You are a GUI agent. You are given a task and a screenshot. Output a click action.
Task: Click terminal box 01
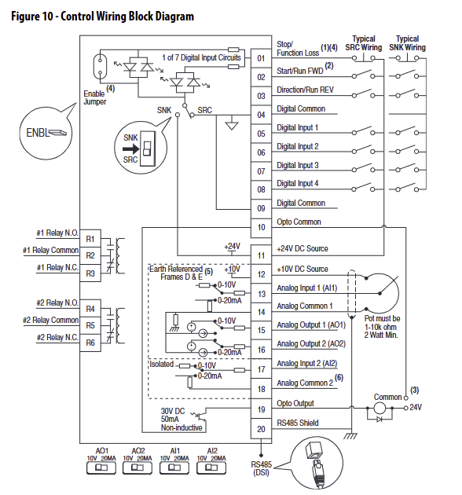[x=261, y=58]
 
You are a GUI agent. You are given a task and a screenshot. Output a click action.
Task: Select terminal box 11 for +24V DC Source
[x=261, y=255]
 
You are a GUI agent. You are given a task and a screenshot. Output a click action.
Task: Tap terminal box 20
[x=261, y=429]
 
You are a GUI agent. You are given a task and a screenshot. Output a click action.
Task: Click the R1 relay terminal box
[x=90, y=238]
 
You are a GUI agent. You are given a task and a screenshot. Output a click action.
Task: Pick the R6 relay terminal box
[x=90, y=343]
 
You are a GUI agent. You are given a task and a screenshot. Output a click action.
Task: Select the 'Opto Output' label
[x=295, y=403]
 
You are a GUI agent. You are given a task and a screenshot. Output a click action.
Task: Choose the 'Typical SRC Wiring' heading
[x=364, y=42]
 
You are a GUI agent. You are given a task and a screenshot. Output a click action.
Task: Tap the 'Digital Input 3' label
[x=297, y=165]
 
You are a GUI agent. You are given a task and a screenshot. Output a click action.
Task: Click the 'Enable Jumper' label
[x=94, y=97]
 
